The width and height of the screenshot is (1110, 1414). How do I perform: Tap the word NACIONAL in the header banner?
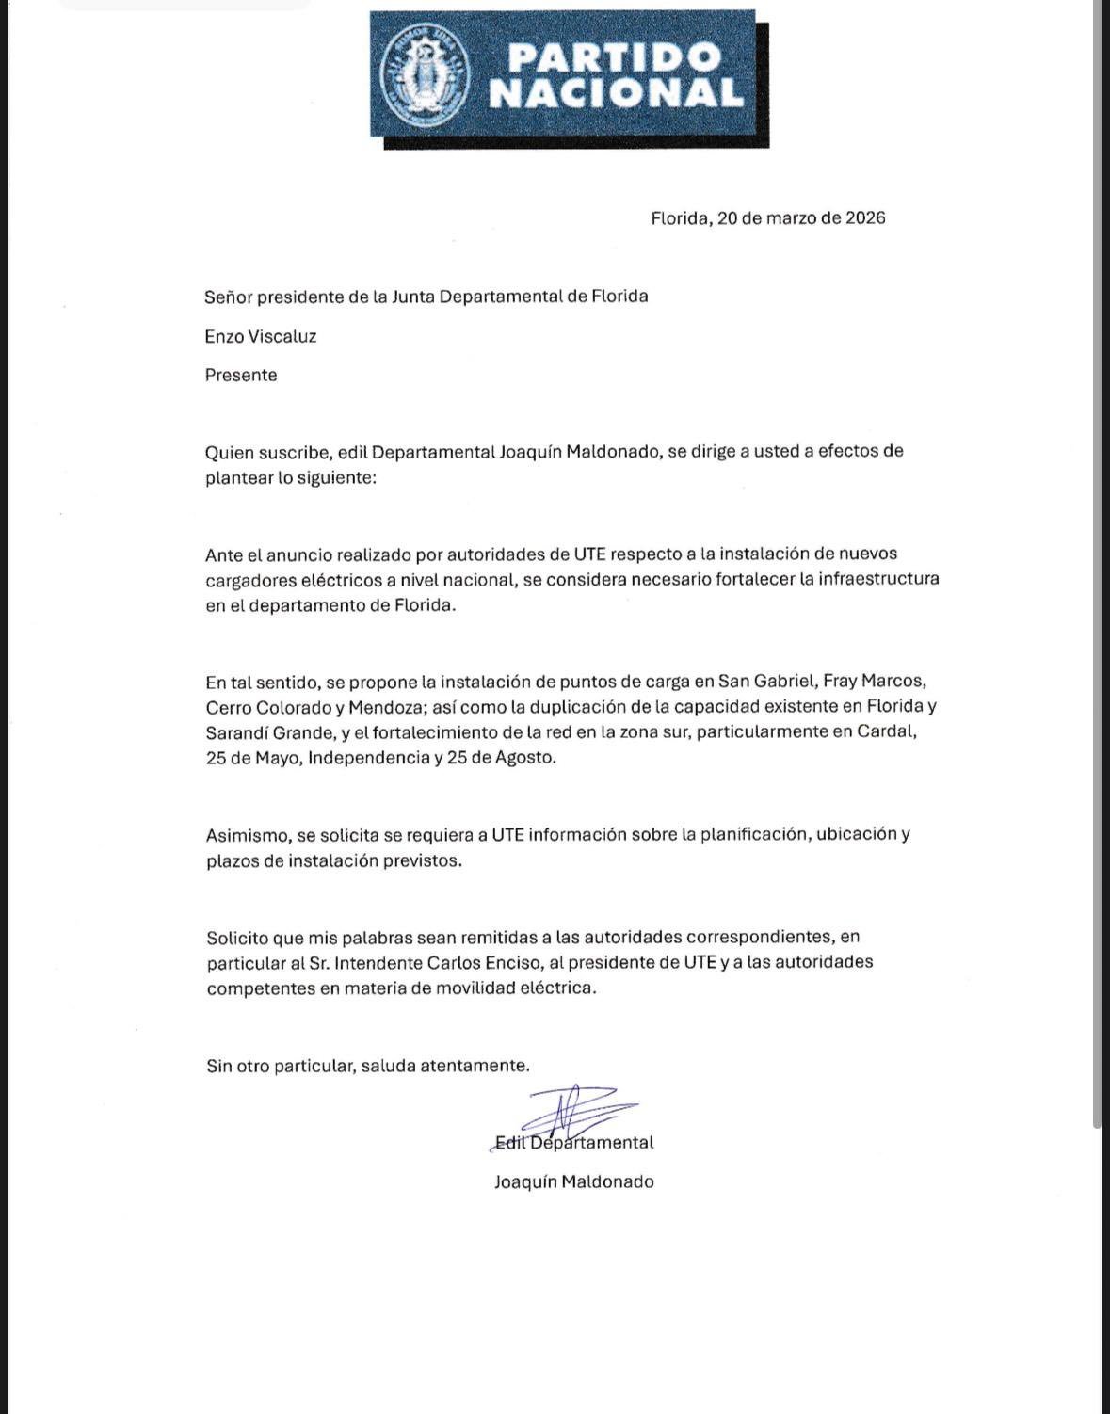coord(616,93)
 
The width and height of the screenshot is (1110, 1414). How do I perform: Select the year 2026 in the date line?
coord(865,218)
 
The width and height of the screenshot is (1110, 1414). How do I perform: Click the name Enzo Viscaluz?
coord(261,336)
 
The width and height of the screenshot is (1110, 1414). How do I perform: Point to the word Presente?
coord(241,375)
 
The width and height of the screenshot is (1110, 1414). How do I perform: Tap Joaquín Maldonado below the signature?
coord(573,1181)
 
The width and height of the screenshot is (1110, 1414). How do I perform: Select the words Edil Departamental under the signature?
coord(573,1143)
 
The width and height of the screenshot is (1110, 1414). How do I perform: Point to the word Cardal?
coord(887,731)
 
